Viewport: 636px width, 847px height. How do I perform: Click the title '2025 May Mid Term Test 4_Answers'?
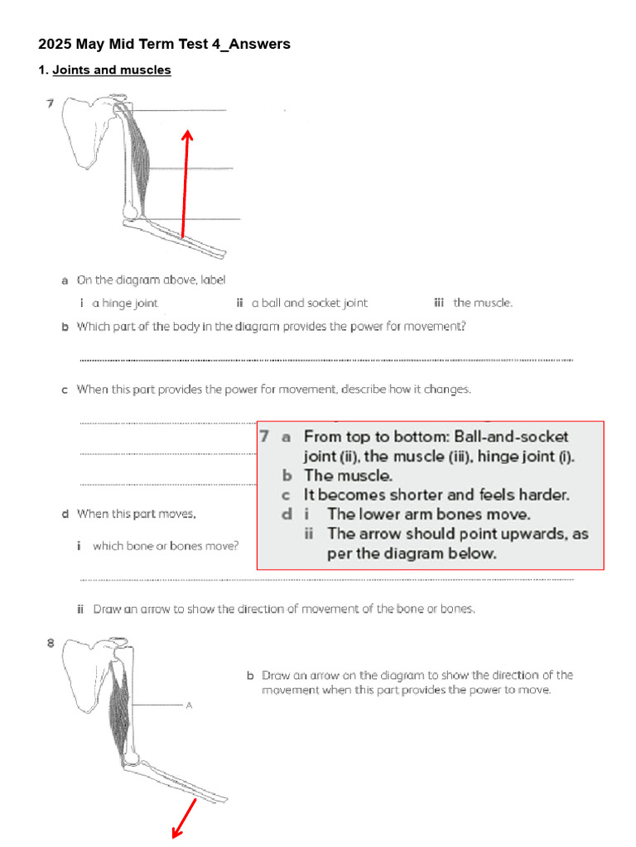pos(164,44)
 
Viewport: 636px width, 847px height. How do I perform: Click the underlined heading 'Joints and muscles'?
pos(112,70)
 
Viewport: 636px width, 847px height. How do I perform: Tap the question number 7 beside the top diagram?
pos(50,103)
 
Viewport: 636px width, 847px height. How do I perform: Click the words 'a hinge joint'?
pos(125,303)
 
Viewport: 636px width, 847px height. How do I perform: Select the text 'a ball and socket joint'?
pos(310,303)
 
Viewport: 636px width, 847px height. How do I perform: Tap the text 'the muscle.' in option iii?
pos(483,303)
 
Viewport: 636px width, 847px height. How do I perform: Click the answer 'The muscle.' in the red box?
pos(349,475)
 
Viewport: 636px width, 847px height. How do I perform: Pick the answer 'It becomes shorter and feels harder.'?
pos(436,495)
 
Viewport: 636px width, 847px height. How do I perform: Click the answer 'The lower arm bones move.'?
pos(429,514)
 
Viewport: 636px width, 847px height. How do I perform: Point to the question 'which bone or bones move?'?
pos(166,546)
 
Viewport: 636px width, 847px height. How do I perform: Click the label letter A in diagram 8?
pos(189,705)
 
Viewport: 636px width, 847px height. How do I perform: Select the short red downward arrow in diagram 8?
pos(184,817)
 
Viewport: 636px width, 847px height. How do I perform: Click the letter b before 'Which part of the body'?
pos(65,327)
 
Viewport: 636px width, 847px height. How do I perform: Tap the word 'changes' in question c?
pos(447,389)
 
